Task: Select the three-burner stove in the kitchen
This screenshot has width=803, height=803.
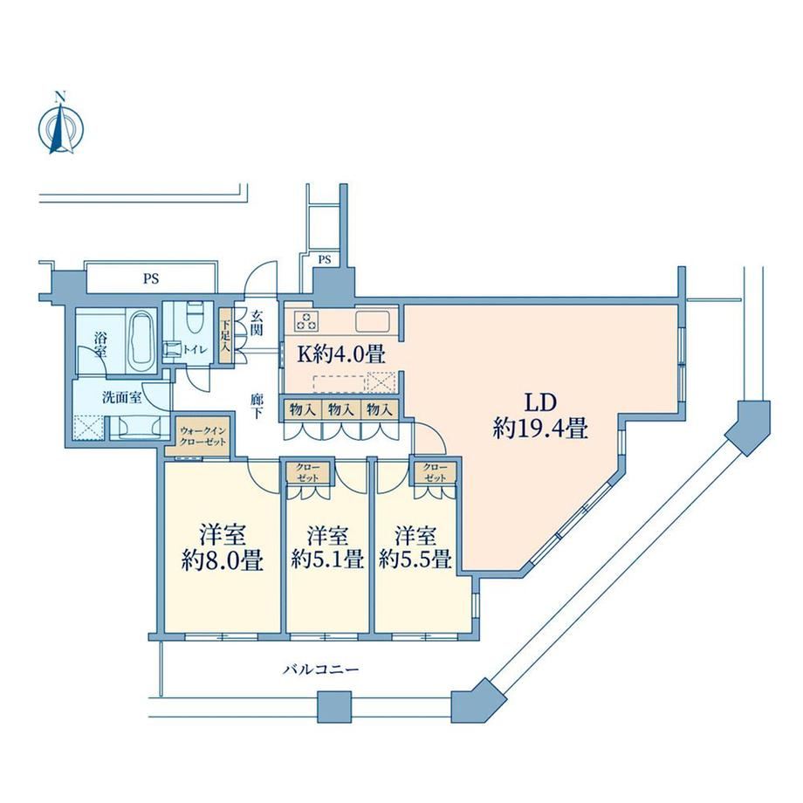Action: [x=306, y=321]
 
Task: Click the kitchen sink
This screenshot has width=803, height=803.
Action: [x=373, y=321]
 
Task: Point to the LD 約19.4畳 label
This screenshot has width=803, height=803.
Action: [x=540, y=415]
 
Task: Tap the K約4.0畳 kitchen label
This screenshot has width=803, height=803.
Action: [x=341, y=353]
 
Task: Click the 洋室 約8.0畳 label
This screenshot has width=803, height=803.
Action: [x=223, y=548]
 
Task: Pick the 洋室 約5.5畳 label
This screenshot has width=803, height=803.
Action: [x=415, y=547]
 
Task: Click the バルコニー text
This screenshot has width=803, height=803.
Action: [x=321, y=669]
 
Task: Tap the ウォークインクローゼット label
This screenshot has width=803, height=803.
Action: [x=202, y=436]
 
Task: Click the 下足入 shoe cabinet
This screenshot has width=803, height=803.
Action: [x=225, y=335]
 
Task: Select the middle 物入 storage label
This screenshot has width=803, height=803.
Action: [x=341, y=408]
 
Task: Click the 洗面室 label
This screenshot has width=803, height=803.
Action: [x=122, y=397]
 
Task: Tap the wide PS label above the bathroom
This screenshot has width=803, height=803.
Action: [x=151, y=278]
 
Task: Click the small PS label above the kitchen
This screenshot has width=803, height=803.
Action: [x=325, y=259]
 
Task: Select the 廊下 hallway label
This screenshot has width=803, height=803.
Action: [x=257, y=406]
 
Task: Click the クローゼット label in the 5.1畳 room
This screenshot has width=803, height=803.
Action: [x=308, y=473]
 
